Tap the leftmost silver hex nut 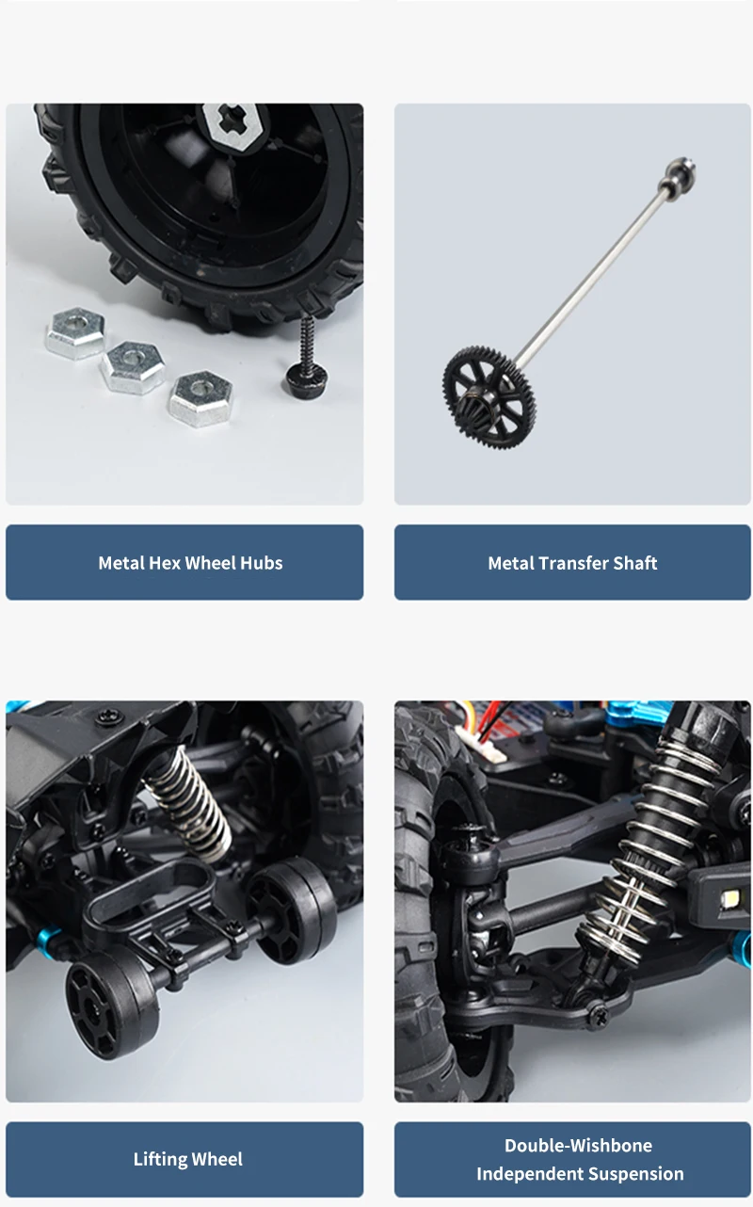75,333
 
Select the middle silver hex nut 133,366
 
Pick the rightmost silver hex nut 200,398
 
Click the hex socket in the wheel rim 234,126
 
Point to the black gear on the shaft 489,398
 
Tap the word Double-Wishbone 578,1145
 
